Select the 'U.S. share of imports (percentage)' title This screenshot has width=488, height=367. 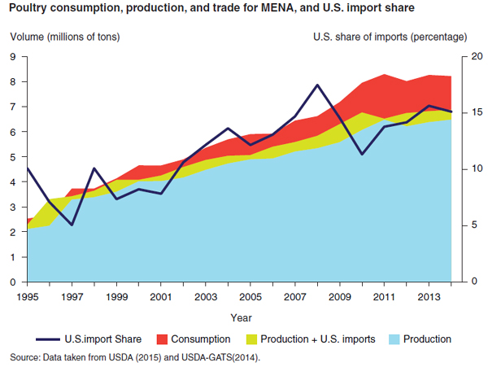(x=390, y=37)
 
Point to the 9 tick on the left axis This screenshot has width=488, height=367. (x=13, y=56)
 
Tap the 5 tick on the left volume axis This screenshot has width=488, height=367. (x=13, y=157)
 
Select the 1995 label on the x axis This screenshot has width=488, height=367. (x=28, y=295)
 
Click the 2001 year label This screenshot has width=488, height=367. (x=161, y=295)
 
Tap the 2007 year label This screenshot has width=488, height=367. (x=294, y=295)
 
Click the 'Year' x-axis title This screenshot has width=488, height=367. (x=240, y=317)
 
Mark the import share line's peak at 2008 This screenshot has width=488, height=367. (x=317, y=85)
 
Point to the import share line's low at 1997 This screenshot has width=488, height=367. (x=72, y=225)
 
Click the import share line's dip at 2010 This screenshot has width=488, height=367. (x=362, y=154)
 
